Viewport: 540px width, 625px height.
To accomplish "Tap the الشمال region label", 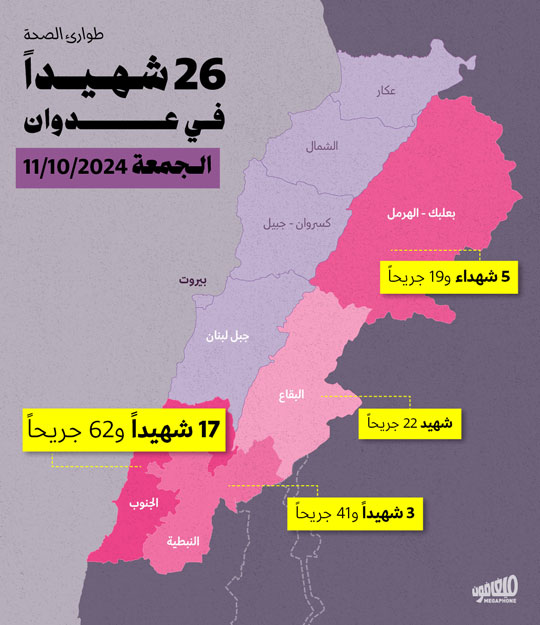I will [x=322, y=146].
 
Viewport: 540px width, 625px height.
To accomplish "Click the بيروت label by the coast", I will [x=193, y=281].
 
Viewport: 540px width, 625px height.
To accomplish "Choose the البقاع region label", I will [x=292, y=395].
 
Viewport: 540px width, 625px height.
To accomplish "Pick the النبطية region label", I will [x=182, y=541].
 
